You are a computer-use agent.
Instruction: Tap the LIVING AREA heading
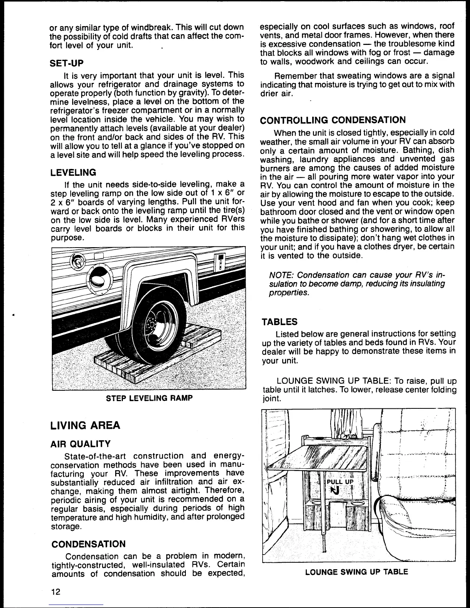pyautogui.click(x=85, y=425)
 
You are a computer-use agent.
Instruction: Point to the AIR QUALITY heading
pyautogui.click(x=81, y=444)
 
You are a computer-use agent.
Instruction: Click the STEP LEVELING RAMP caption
pyautogui.click(x=149, y=398)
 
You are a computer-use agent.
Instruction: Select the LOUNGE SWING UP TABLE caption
pyautogui.click(x=356, y=572)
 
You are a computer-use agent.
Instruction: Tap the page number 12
pyautogui.click(x=56, y=591)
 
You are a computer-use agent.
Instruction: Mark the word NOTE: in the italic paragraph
pyautogui.click(x=281, y=275)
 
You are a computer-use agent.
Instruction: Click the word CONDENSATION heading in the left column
pyautogui.click(x=88, y=544)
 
